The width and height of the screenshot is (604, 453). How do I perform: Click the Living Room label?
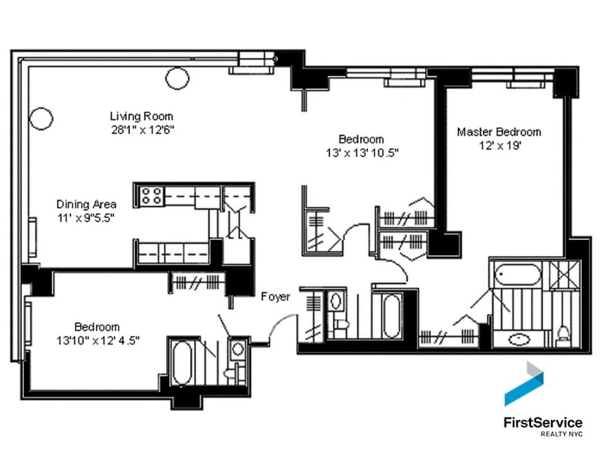point(141,116)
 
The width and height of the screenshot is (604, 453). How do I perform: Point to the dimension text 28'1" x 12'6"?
point(141,129)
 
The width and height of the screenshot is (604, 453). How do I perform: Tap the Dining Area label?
point(86,204)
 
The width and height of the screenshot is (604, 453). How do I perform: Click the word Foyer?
point(276,297)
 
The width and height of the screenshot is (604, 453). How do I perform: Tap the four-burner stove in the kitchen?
point(150,196)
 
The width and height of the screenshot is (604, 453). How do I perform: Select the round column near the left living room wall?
point(40,118)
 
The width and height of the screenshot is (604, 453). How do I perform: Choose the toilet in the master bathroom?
point(562,333)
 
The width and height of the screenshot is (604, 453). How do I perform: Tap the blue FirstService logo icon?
point(525,384)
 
